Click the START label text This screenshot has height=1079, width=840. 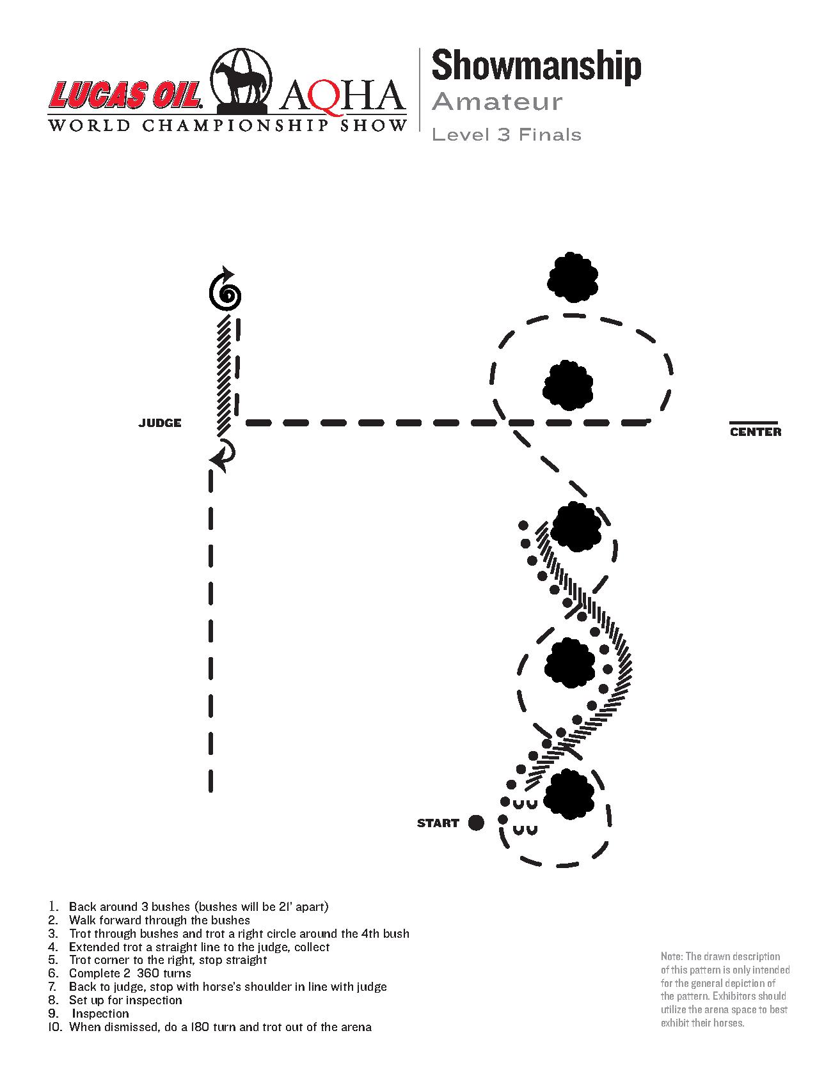(438, 823)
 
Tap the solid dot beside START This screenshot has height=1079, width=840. (476, 823)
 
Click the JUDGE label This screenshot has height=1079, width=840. (160, 423)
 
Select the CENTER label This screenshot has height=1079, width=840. (756, 432)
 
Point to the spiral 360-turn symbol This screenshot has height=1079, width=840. (226, 293)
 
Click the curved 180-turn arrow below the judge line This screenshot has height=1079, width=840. (223, 454)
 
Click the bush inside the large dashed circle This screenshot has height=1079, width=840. (567, 385)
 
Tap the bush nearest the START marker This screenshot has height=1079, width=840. (569, 795)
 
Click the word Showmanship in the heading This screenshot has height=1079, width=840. (536, 66)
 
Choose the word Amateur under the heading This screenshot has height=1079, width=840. (497, 102)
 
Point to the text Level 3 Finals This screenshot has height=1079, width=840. (507, 135)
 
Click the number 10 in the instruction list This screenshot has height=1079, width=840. (56, 1027)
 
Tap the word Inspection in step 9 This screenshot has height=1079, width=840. (100, 1014)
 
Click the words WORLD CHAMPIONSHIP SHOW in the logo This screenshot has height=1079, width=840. (227, 125)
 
